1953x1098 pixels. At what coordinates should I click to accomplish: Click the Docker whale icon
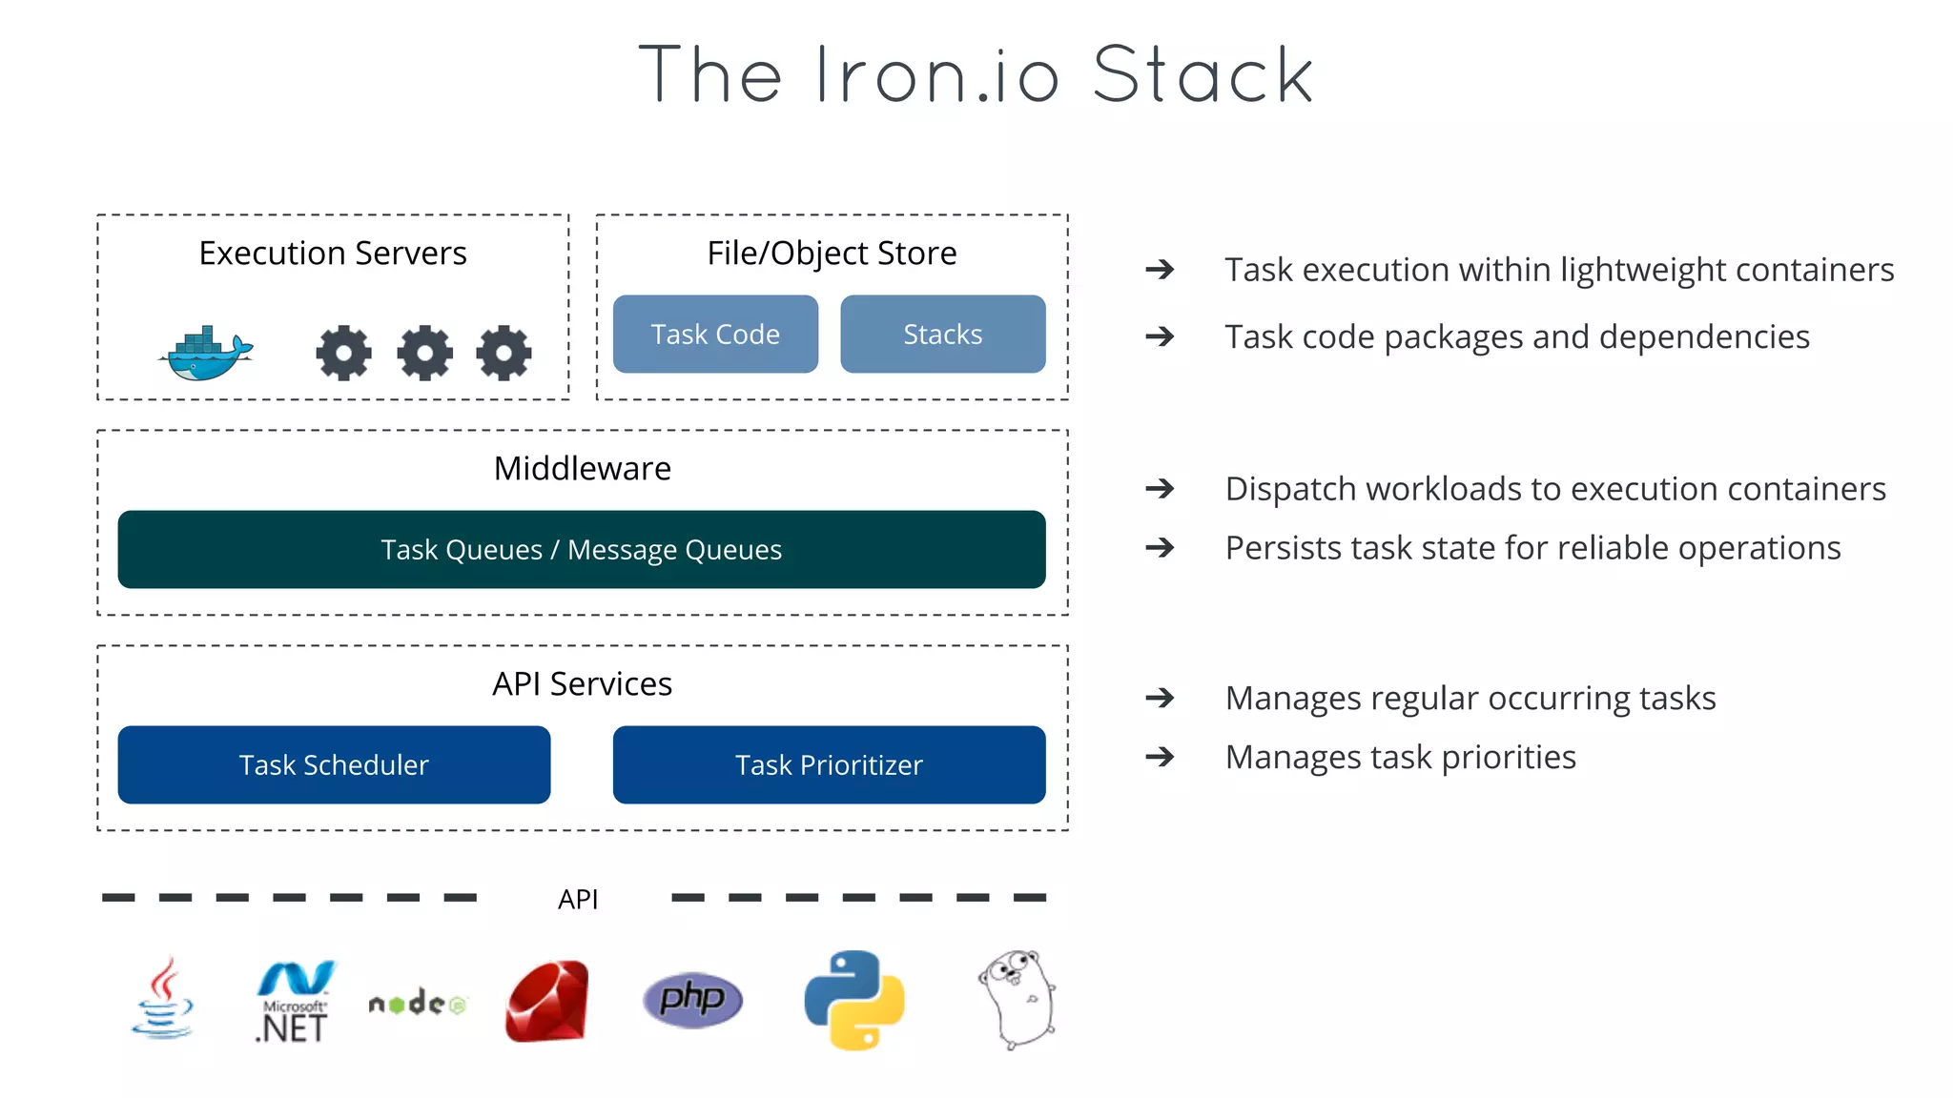[206, 354]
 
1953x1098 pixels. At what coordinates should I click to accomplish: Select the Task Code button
[715, 335]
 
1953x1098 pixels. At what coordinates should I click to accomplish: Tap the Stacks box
[942, 335]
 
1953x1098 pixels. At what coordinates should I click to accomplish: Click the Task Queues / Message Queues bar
[582, 550]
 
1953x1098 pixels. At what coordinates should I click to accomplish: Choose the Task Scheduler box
[334, 765]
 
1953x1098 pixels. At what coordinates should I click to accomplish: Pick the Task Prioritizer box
[829, 765]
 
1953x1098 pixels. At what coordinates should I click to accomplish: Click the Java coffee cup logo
[163, 999]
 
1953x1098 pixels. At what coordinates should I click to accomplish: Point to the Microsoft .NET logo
[294, 1002]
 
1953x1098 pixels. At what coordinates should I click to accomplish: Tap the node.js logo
[417, 1004]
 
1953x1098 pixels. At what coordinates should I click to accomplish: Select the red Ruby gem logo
[547, 1002]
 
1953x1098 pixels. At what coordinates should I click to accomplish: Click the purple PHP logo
[692, 999]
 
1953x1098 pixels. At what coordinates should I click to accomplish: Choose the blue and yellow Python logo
[854, 1000]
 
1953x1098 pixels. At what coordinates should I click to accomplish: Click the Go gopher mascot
[1018, 998]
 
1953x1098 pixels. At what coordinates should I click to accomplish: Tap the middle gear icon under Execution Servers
[425, 353]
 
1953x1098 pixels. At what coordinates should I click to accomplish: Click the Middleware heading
[582, 469]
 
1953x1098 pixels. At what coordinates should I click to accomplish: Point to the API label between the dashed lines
[578, 899]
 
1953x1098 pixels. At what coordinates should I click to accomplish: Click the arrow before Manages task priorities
[1160, 757]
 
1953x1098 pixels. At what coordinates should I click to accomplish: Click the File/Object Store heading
[832, 254]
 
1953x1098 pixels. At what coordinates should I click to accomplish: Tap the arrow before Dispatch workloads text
[1160, 489]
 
